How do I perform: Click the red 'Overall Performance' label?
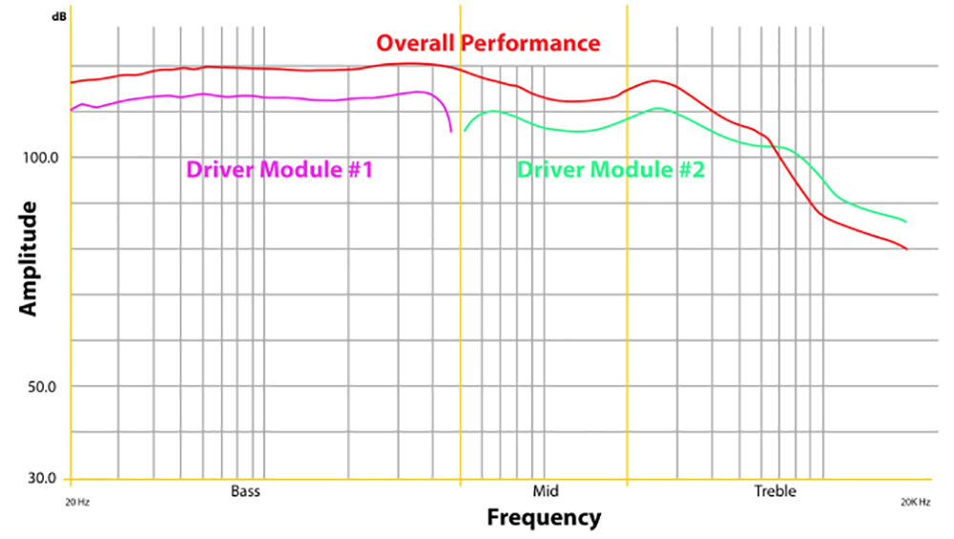[x=487, y=43]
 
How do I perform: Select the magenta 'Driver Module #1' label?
[x=279, y=170]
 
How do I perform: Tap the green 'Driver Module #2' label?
[x=611, y=170]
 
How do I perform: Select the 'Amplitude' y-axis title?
[x=29, y=258]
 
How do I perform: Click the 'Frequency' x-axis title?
[x=544, y=518]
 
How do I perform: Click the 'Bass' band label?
[x=245, y=492]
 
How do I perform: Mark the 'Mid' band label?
[x=545, y=492]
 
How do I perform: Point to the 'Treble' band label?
[x=775, y=492]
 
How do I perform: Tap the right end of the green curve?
[x=905, y=222]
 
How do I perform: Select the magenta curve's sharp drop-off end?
[x=451, y=131]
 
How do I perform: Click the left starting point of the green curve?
[x=465, y=131]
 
